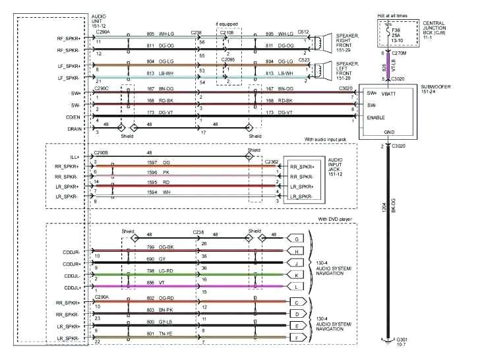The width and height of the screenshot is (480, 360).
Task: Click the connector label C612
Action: (x=303, y=32)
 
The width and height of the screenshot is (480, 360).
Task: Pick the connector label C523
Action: (x=303, y=60)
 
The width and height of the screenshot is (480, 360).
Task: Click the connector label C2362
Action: (x=271, y=161)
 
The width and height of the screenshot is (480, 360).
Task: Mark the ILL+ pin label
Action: (x=72, y=158)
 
